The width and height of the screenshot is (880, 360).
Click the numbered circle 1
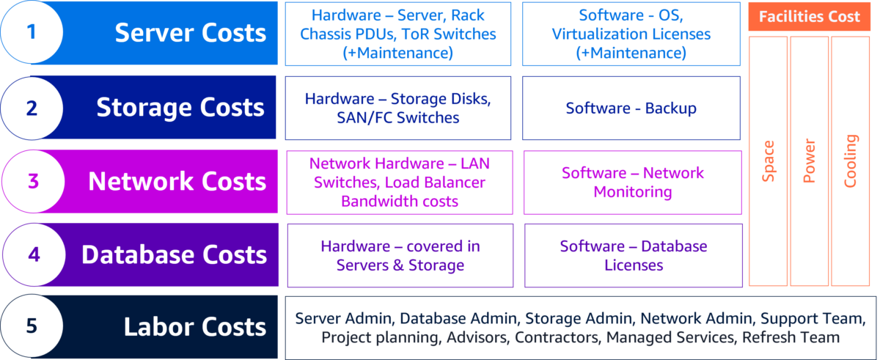coord(31,33)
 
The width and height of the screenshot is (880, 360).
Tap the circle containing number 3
coord(32,181)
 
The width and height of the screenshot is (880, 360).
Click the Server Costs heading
coord(190,33)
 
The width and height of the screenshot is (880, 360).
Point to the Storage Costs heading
coord(180,108)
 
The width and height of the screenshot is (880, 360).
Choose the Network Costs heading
coord(177,181)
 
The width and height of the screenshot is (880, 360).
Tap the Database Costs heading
coord(174,254)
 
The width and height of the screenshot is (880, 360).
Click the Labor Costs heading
coord(194,326)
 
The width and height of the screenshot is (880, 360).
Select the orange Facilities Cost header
coord(810,17)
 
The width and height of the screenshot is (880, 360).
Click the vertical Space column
coord(768,161)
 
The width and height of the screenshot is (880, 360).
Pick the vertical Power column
coord(809,161)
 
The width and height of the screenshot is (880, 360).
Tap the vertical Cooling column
coord(850,161)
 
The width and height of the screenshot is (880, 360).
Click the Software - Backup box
coord(631,108)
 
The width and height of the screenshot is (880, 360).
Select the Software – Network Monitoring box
coord(632,182)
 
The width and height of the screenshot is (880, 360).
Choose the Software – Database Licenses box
coord(634,255)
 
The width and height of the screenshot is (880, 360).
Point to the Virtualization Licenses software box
coord(631,34)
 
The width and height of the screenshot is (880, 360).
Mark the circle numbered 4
coord(32,254)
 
